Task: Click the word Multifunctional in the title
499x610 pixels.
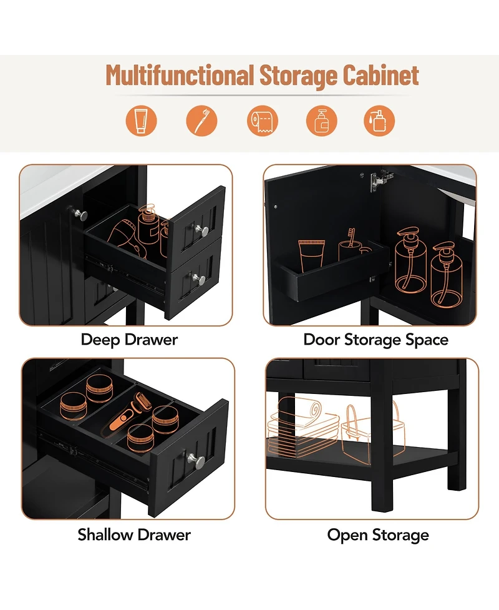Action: click(x=180, y=75)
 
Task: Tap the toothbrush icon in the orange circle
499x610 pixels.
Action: click(x=201, y=121)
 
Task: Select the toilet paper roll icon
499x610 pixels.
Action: click(x=263, y=121)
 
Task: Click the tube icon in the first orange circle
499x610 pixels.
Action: click(x=141, y=121)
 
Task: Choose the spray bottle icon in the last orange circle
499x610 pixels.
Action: click(x=379, y=121)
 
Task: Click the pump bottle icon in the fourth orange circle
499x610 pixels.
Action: click(x=321, y=121)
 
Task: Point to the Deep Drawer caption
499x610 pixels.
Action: click(x=129, y=340)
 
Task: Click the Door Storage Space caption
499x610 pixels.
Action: click(x=375, y=340)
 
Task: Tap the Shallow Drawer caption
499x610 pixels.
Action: click(x=134, y=534)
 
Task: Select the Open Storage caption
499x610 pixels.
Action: click(x=378, y=535)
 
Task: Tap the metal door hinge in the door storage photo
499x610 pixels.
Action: click(x=379, y=180)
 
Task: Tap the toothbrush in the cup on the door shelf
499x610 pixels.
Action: click(x=351, y=238)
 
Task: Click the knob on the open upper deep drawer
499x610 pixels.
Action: click(x=203, y=230)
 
